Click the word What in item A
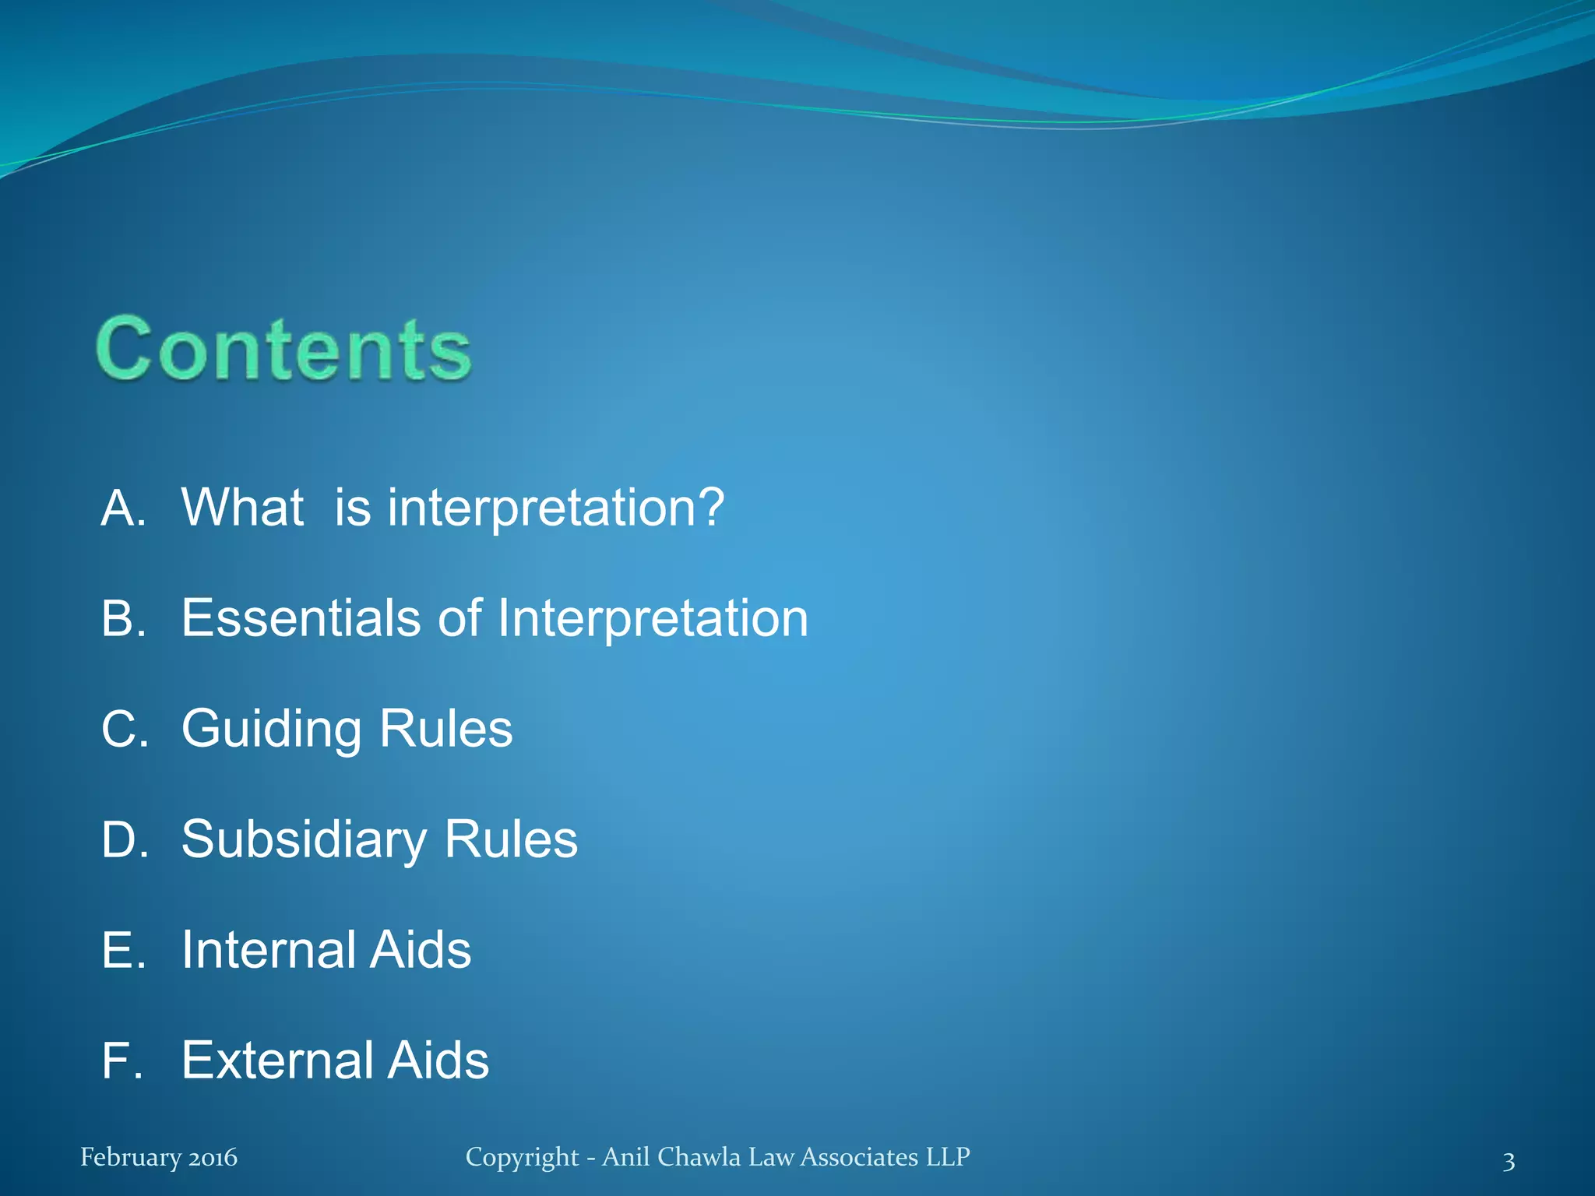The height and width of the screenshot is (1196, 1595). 242,507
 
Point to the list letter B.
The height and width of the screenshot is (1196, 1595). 122,618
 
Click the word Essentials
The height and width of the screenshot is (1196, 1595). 301,618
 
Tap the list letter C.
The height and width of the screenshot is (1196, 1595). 124,729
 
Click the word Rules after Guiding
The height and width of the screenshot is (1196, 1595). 445,729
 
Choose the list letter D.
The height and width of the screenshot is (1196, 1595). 124,839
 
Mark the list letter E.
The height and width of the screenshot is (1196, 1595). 122,950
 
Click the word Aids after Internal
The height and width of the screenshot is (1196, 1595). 420,950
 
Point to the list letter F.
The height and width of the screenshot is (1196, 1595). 121,1061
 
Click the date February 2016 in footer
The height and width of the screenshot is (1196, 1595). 159,1157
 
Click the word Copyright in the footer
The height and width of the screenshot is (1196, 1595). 522,1158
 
